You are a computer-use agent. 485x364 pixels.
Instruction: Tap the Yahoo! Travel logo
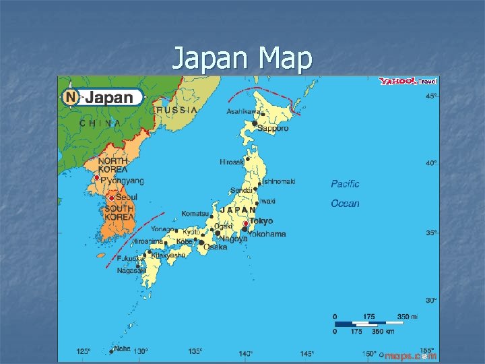click(x=408, y=82)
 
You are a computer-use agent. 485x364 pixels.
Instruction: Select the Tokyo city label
click(x=261, y=221)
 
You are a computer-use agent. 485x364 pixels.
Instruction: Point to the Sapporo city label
click(x=273, y=128)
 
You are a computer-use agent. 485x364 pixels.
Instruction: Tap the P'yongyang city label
click(x=122, y=181)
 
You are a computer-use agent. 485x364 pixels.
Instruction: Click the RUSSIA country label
click(x=176, y=110)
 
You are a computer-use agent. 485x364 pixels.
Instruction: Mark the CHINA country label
click(x=100, y=123)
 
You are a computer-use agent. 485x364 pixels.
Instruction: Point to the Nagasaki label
click(x=130, y=270)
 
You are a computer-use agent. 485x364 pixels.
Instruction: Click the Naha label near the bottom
click(x=121, y=349)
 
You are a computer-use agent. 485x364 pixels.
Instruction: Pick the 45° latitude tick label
click(x=430, y=96)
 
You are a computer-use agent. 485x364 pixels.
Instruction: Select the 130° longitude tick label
click(x=141, y=352)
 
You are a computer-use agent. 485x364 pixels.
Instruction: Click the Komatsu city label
click(x=194, y=214)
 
